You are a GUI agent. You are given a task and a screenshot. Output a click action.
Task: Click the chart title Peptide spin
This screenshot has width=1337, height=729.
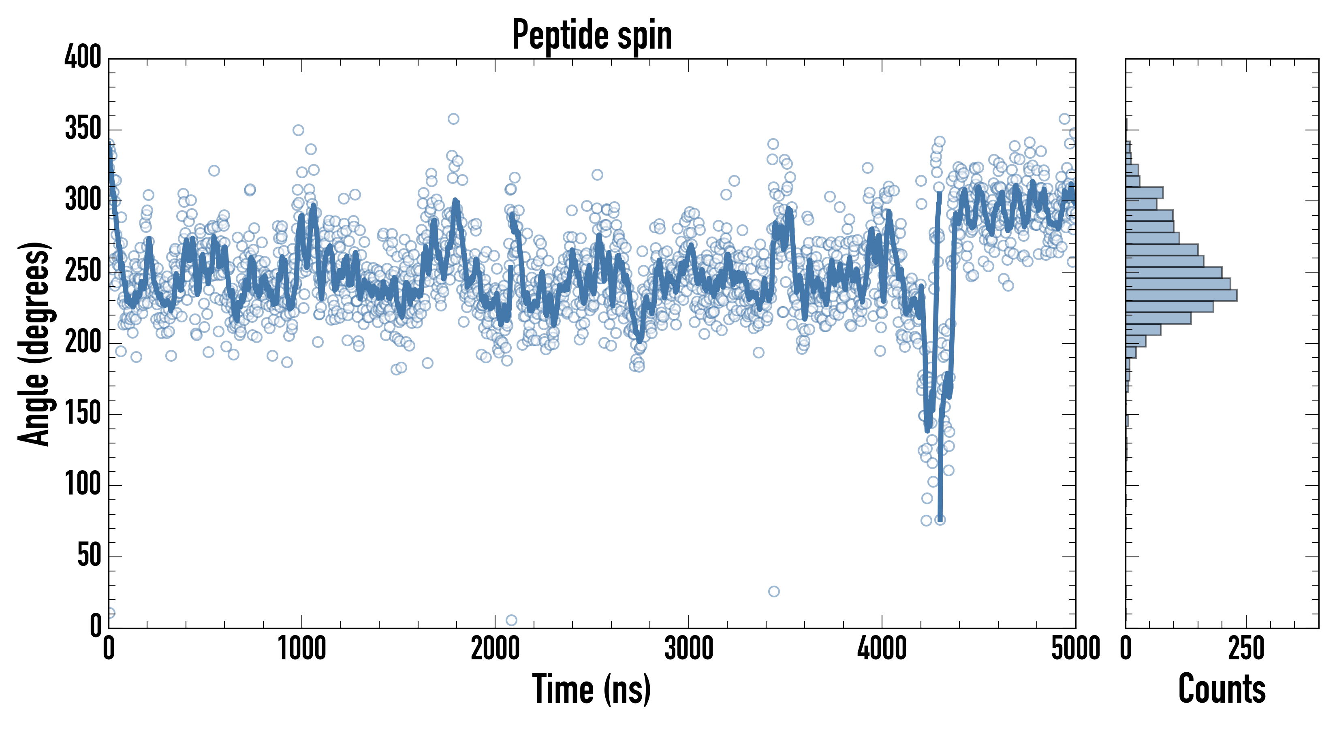pos(592,35)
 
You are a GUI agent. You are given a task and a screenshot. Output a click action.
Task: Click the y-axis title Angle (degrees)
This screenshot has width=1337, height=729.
pos(34,343)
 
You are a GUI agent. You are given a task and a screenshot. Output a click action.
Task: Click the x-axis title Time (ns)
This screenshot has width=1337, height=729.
pos(591,689)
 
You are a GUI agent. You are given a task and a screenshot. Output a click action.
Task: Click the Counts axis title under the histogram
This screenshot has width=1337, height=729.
pos(1222,689)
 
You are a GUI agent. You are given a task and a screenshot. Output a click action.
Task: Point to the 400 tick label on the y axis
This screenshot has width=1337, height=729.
pos(83,57)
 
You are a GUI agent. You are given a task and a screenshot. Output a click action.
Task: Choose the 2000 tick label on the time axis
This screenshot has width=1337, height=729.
pos(495,648)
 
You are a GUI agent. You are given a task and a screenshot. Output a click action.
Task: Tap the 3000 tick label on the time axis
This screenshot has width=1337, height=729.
pos(689,648)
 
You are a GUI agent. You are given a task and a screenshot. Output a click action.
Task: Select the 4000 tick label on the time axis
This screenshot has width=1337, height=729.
pos(882,648)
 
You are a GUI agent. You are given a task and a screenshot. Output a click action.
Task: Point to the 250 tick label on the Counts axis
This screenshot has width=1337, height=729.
pos(1246,648)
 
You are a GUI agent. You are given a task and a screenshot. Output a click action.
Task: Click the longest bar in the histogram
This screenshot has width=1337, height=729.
pos(1181,295)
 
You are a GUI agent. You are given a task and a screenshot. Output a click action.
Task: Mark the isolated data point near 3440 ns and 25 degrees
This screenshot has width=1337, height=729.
pos(774,591)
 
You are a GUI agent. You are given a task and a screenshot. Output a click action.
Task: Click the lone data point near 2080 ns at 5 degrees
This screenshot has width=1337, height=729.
pos(511,620)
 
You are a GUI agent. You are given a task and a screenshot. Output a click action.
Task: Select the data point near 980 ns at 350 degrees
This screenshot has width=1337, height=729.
pos(298,130)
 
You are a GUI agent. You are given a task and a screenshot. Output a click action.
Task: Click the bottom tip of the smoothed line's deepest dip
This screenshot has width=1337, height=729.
pos(940,519)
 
